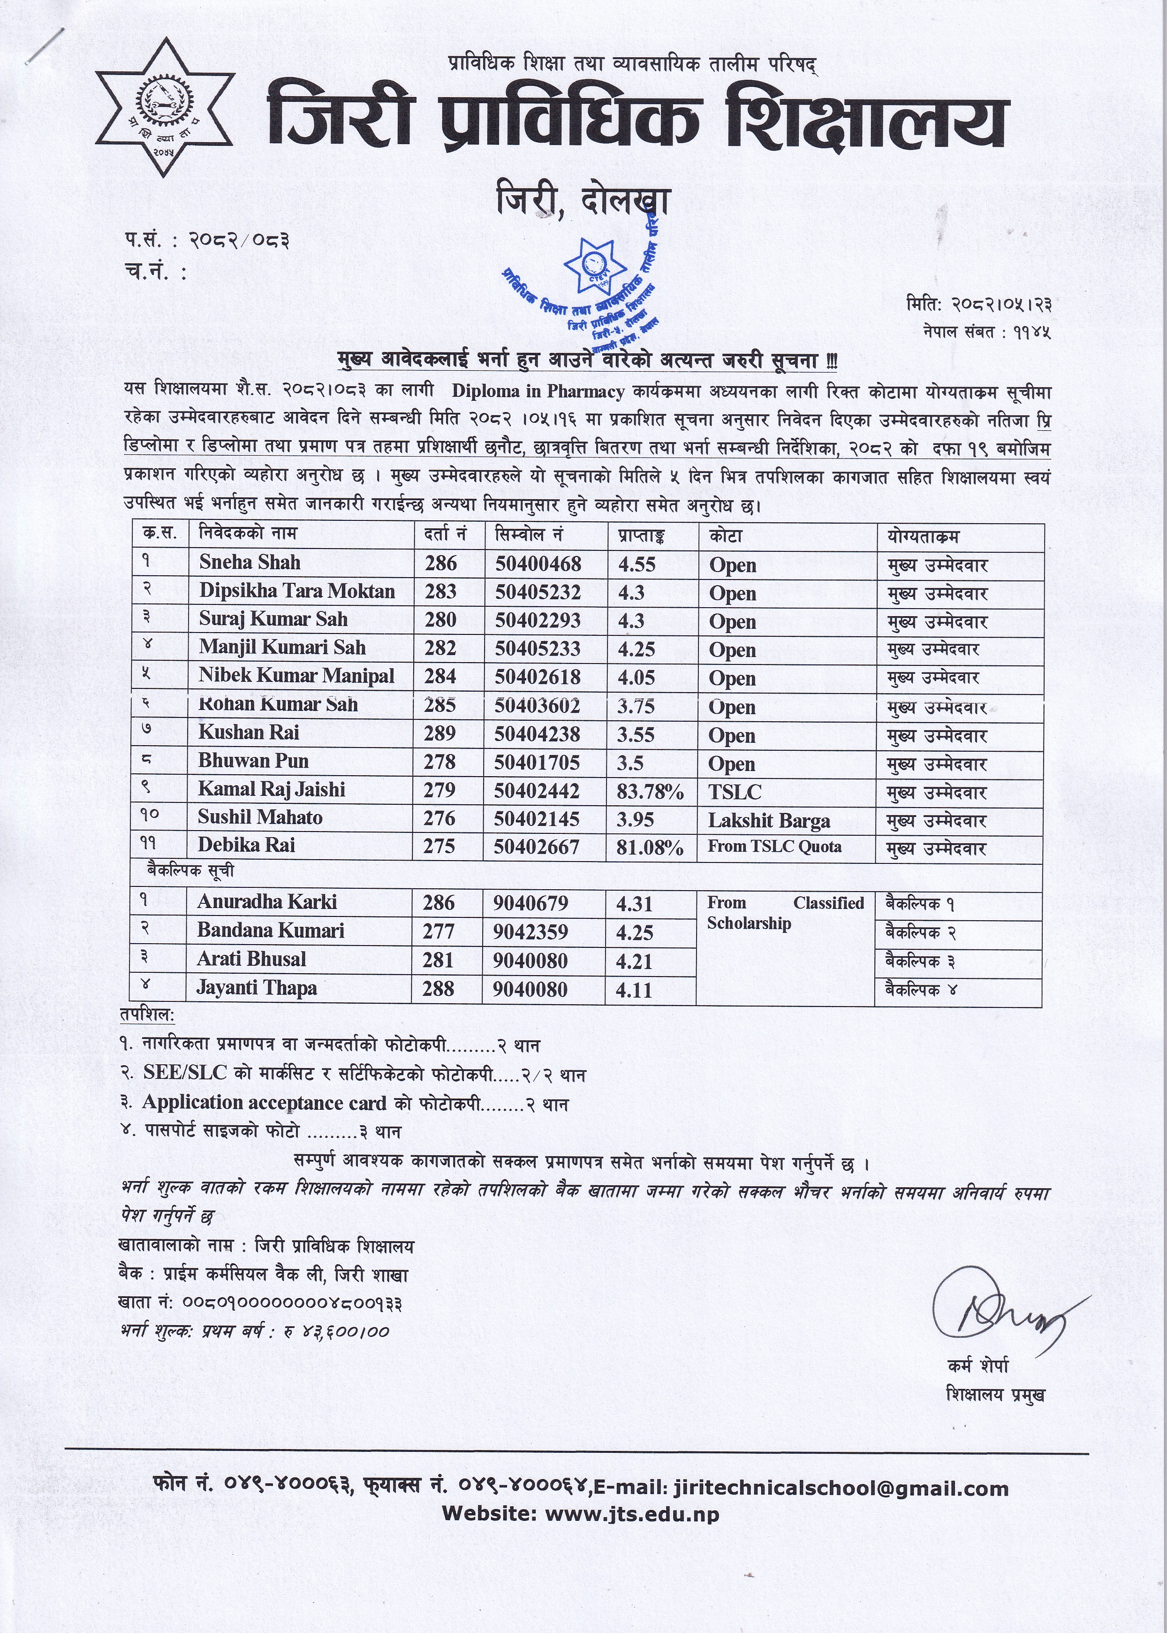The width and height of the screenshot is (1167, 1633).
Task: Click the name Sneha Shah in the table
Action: pos(250,563)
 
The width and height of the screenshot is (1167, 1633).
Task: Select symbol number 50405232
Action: pos(538,592)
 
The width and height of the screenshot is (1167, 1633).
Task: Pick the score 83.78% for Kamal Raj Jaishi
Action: pos(650,791)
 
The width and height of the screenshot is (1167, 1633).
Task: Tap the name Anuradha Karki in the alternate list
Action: pos(266,902)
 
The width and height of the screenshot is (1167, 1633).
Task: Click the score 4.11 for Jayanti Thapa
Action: pos(634,990)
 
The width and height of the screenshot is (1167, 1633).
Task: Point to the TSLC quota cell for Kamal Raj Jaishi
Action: pos(735,791)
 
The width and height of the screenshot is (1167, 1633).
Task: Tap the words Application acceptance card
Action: pos(262,1103)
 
